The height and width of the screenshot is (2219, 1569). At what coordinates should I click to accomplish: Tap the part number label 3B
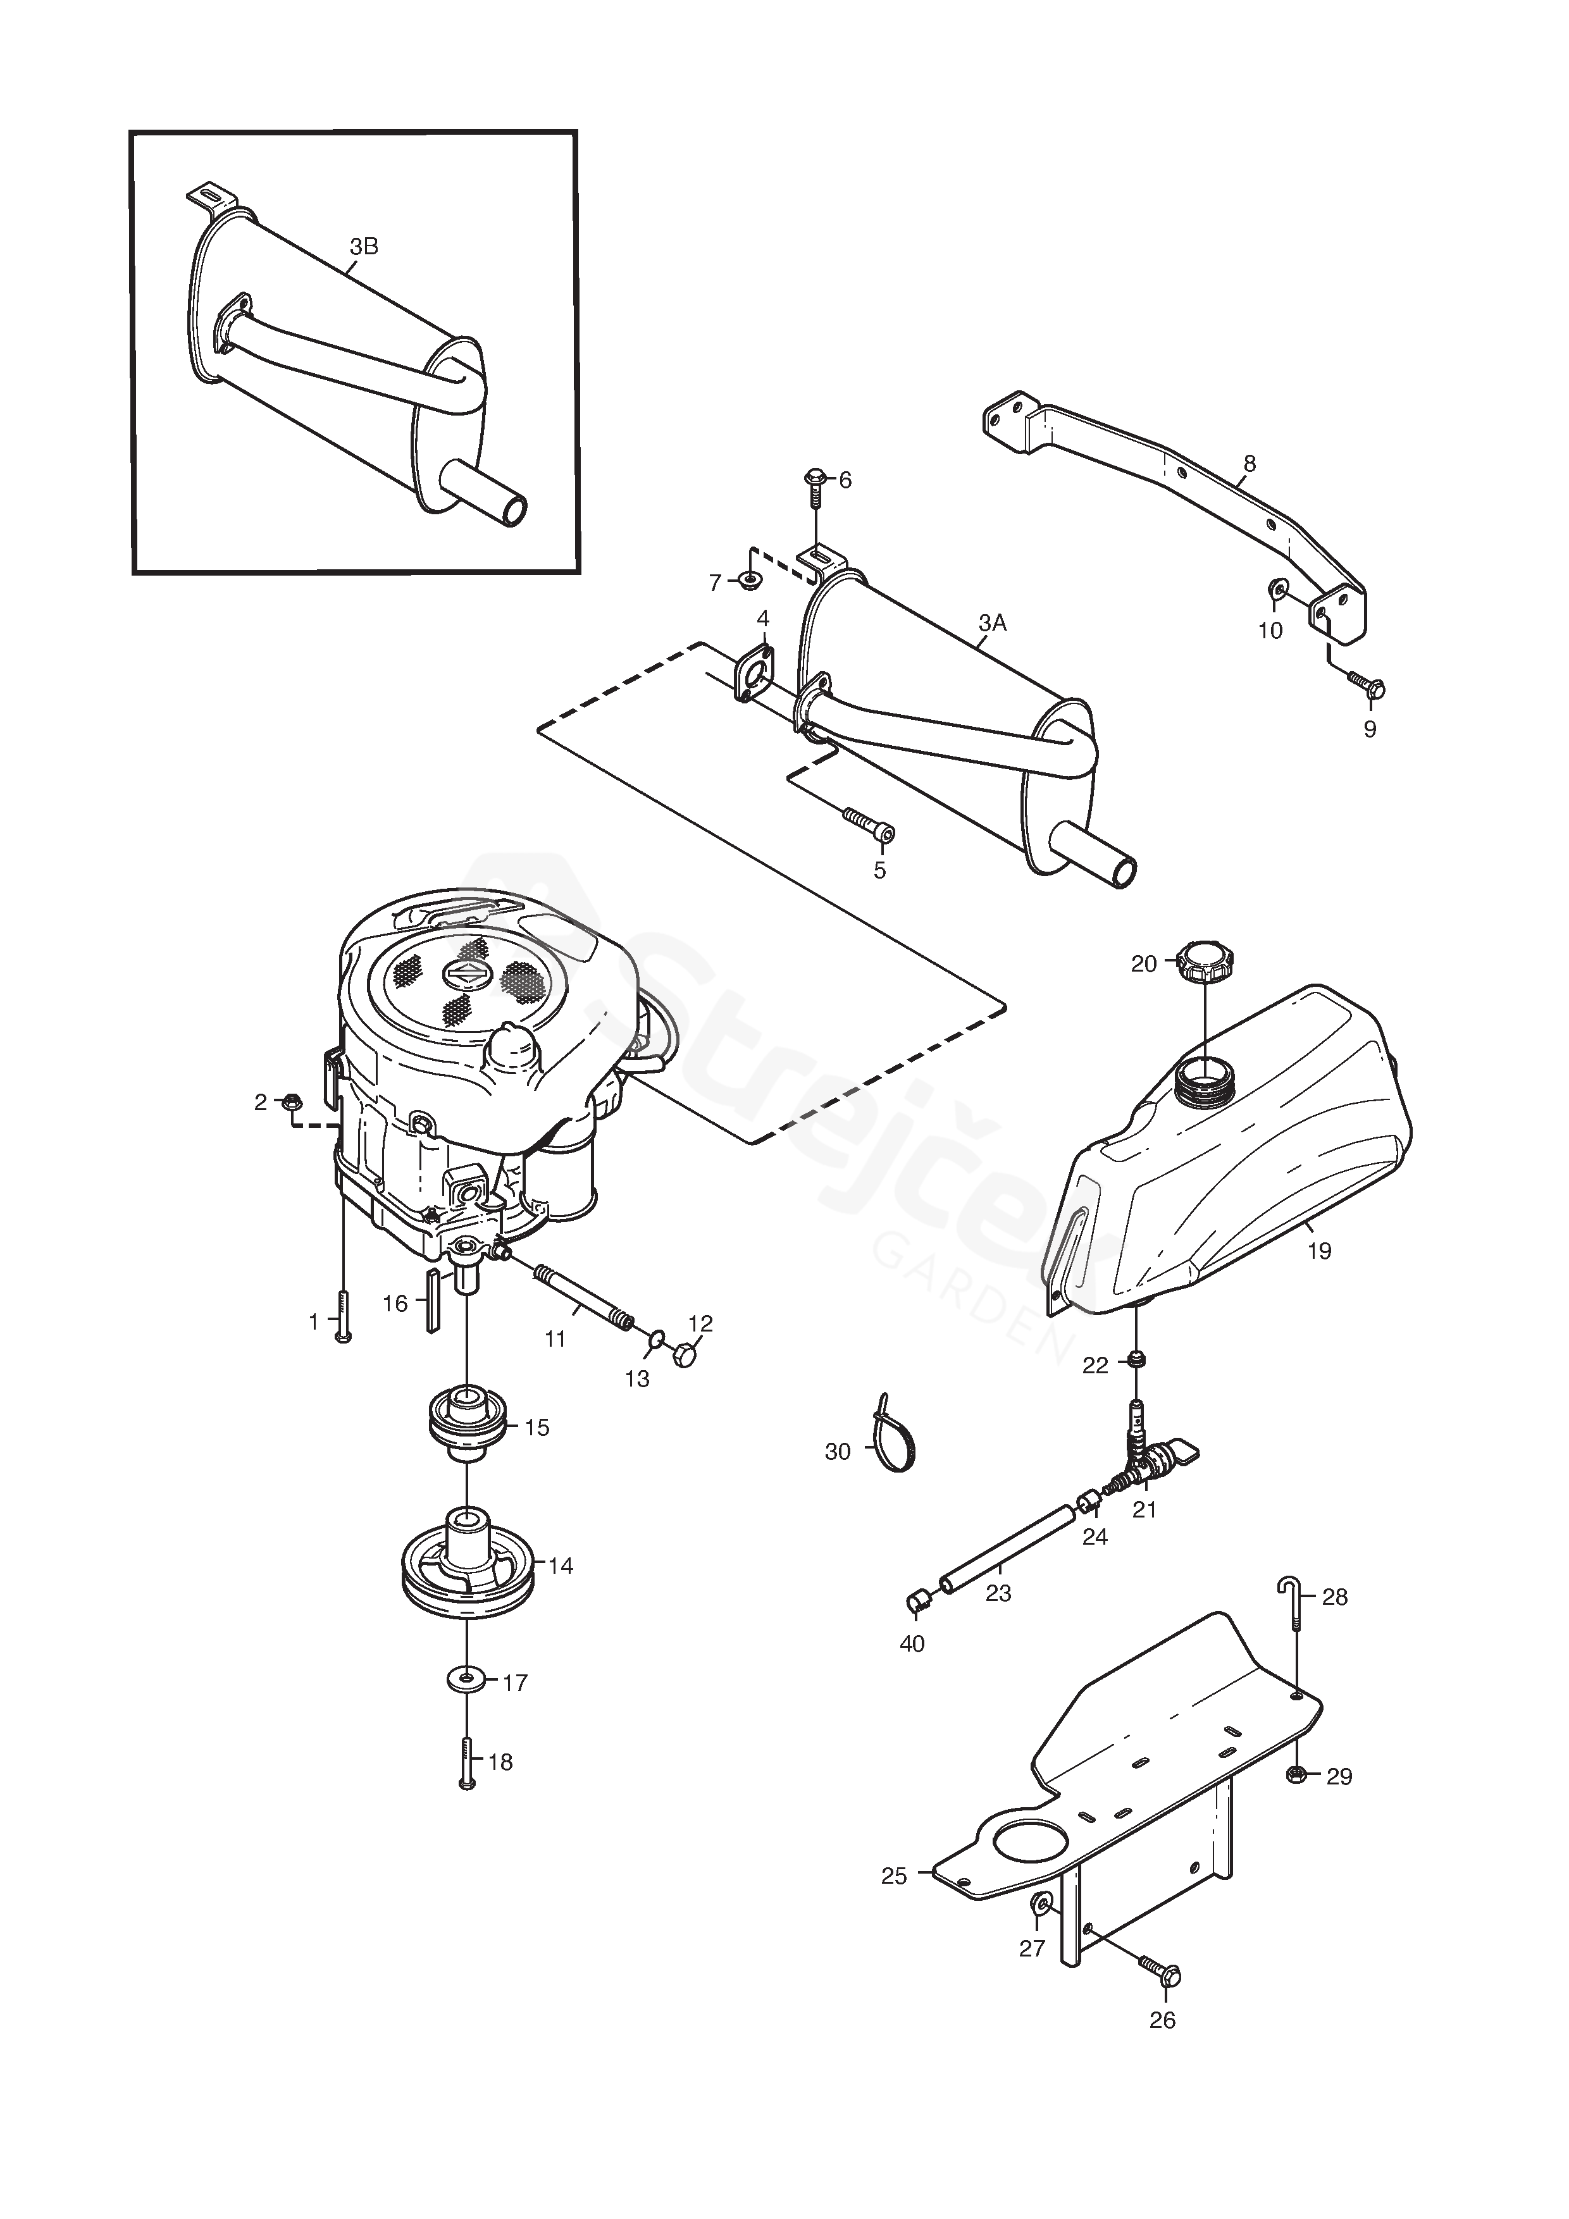click(364, 247)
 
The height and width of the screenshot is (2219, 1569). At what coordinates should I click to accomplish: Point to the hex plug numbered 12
click(685, 1357)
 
